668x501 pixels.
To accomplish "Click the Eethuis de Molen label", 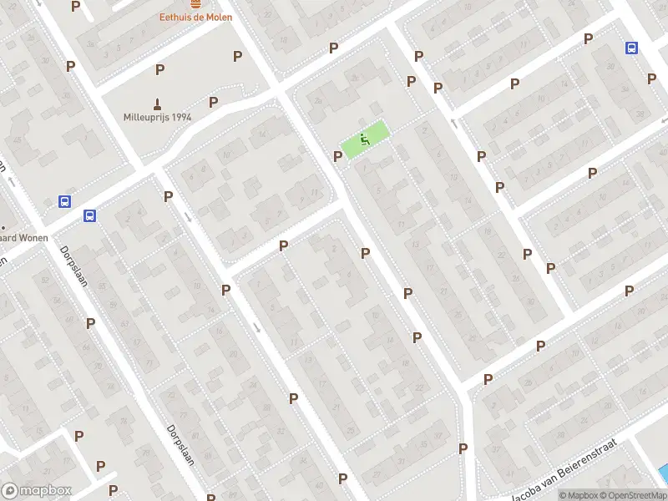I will click(196, 17).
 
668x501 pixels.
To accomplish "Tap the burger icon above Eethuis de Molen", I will click(196, 4).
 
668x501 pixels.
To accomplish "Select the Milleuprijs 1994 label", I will click(158, 117).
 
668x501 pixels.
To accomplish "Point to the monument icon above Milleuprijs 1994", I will click(157, 102).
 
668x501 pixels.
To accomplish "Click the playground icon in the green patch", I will click(364, 139).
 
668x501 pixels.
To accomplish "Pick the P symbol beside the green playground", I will click(338, 156).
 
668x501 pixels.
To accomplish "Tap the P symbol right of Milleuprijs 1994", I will click(214, 102).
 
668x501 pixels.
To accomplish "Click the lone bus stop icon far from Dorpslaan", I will click(631, 48).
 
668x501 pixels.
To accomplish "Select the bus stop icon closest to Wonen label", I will click(64, 201).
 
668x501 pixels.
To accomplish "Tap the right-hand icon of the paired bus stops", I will click(89, 215).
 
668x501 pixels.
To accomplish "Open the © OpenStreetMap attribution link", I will click(634, 495).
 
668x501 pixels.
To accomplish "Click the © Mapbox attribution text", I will click(579, 495).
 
